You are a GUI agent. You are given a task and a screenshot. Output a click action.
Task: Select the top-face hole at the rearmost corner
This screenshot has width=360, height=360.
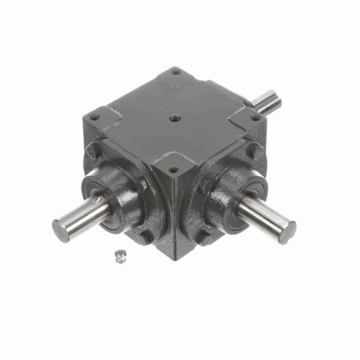click(x=176, y=72)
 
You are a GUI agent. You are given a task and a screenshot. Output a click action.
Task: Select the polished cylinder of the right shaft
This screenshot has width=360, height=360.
click(x=264, y=215)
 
